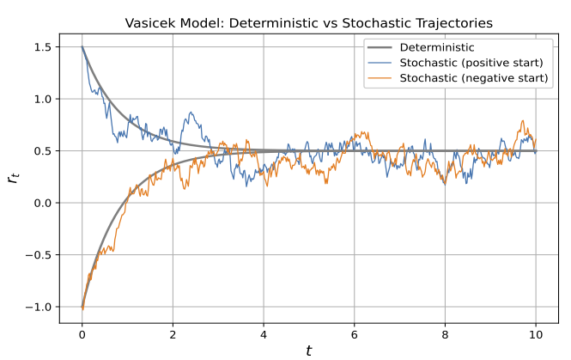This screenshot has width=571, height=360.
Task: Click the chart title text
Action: pyautogui.click(x=308, y=23)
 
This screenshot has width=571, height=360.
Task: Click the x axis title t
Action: pyautogui.click(x=308, y=350)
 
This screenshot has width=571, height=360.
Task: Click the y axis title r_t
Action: pyautogui.click(x=12, y=177)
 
